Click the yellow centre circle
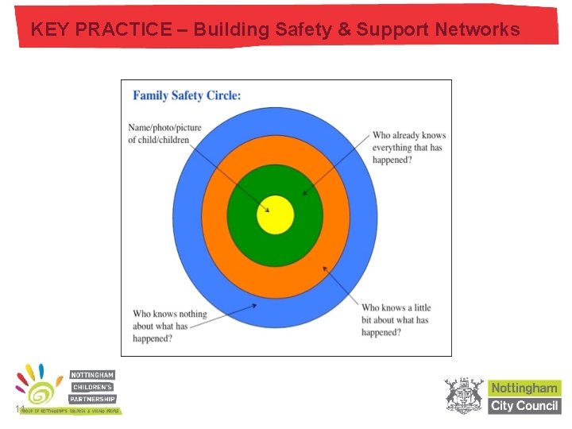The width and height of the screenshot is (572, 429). [276, 214]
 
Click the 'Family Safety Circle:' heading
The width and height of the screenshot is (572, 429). [187, 95]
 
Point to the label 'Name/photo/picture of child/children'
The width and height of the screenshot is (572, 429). [164, 133]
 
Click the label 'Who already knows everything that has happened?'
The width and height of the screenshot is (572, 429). [409, 147]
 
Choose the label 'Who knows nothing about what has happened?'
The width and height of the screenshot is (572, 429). [169, 326]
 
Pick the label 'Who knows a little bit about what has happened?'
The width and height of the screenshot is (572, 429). [396, 319]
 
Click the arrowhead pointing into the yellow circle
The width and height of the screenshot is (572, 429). [267, 210]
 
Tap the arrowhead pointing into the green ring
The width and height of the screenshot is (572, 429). [305, 193]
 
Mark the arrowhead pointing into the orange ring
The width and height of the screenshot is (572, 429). [324, 268]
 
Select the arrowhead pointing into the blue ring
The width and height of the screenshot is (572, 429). [253, 304]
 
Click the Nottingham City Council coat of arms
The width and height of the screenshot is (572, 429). [464, 396]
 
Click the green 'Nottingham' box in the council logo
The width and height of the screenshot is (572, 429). [524, 388]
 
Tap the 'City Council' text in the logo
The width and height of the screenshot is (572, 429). [524, 405]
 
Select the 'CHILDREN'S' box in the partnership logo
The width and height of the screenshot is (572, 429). [92, 387]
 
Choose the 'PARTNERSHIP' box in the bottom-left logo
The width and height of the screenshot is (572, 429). [92, 399]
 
